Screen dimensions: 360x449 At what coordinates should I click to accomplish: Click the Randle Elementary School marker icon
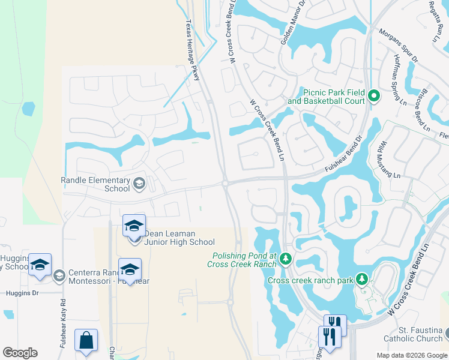(x=139, y=184)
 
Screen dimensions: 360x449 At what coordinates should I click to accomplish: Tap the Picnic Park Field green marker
(x=373, y=96)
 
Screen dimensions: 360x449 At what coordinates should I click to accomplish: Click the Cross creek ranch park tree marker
(x=362, y=280)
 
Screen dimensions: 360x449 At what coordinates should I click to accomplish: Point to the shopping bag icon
(x=86, y=340)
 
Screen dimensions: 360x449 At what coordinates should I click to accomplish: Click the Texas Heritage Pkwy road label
(x=191, y=43)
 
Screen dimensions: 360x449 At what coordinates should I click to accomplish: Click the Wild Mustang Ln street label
(x=388, y=160)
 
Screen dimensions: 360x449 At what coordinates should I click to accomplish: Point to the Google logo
(x=20, y=353)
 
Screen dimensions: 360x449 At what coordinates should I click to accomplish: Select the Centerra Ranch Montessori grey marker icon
(x=59, y=275)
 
